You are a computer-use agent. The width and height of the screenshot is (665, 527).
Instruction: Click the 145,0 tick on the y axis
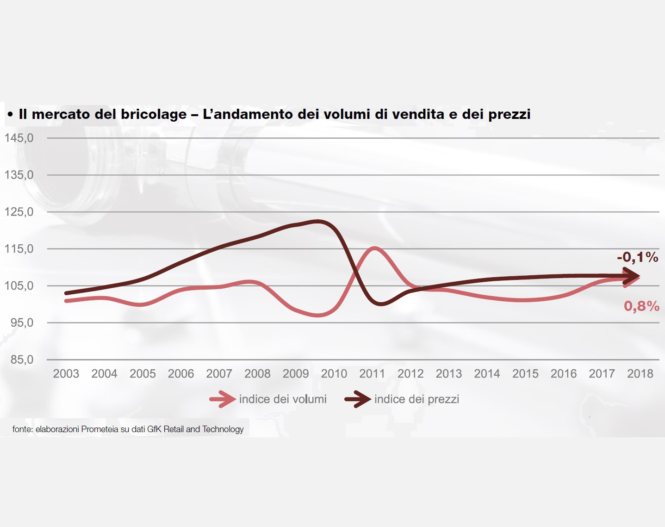point(19,138)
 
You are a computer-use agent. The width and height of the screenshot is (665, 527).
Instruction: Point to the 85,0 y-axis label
point(22,360)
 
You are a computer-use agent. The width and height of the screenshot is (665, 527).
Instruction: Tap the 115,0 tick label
point(19,249)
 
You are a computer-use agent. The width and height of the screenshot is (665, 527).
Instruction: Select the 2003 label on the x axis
point(66,374)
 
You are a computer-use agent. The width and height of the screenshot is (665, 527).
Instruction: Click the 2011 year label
point(372,374)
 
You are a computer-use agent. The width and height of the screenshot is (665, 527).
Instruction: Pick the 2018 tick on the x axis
point(640,374)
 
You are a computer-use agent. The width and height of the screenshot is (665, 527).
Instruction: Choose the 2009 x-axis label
point(296,374)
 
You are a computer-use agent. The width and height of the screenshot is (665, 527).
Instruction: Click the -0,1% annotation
point(637,257)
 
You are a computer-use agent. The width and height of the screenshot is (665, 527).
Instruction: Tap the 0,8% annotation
point(641,306)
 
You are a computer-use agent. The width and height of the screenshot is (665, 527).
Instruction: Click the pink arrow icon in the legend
point(223,399)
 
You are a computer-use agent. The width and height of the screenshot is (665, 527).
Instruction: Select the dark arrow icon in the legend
point(358,399)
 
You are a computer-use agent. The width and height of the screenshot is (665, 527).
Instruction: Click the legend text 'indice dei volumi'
point(283,399)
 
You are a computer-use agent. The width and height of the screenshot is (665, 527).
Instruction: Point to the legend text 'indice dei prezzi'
point(416,399)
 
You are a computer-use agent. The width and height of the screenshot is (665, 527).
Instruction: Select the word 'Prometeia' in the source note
point(99,429)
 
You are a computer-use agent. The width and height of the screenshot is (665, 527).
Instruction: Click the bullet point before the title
point(10,114)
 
